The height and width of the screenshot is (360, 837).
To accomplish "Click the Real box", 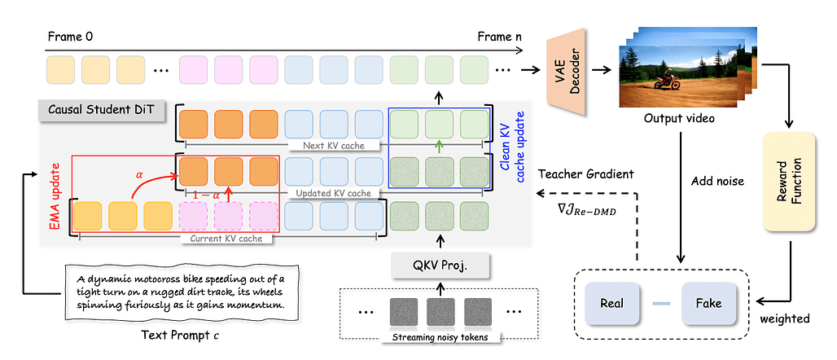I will click(x=611, y=303).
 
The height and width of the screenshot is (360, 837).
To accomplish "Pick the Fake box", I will click(x=708, y=303).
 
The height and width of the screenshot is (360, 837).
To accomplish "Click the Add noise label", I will click(x=716, y=181).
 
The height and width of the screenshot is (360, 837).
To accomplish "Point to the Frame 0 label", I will click(x=71, y=36).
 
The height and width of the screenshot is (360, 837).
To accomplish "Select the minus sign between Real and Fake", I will click(x=660, y=303).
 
